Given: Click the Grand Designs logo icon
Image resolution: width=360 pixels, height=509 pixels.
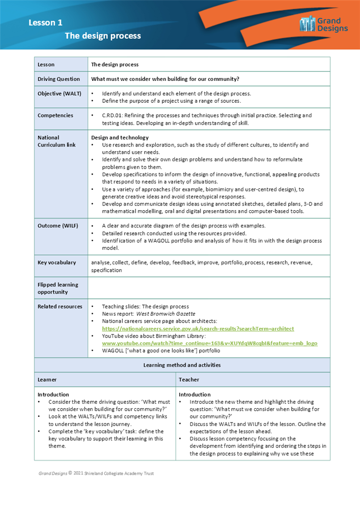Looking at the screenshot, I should (307, 24).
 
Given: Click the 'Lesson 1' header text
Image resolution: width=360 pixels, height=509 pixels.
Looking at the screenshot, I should (45, 22).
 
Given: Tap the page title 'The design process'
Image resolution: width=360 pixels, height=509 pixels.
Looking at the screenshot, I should (102, 36).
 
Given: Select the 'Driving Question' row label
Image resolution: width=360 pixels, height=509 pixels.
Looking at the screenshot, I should (59, 79).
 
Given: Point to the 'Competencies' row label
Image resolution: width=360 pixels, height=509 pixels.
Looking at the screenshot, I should (55, 116).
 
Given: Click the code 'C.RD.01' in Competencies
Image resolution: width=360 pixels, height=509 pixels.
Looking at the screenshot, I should (113, 116).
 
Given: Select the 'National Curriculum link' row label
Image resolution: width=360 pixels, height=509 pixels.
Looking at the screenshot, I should (56, 141).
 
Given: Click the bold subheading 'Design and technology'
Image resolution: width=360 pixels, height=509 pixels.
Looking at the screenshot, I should (120, 137).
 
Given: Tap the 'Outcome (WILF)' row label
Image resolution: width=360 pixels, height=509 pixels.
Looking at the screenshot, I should (58, 225).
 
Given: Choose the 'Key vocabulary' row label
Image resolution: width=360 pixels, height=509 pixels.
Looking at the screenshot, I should (57, 263).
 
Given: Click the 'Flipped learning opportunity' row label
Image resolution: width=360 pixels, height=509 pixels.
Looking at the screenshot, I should (58, 288).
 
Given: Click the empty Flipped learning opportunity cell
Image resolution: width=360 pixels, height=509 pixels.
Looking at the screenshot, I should (209, 288).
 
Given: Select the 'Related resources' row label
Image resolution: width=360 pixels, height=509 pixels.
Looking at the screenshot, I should (60, 306).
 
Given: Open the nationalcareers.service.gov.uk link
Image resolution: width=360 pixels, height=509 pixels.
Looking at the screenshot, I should (198, 329).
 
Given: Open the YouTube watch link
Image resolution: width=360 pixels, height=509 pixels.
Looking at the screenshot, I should (209, 344).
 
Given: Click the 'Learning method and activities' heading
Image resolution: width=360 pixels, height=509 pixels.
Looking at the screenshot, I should (182, 365).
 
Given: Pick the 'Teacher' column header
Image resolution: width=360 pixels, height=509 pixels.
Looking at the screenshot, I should (189, 380).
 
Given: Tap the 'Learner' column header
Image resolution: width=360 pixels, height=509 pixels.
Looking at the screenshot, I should (47, 380).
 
